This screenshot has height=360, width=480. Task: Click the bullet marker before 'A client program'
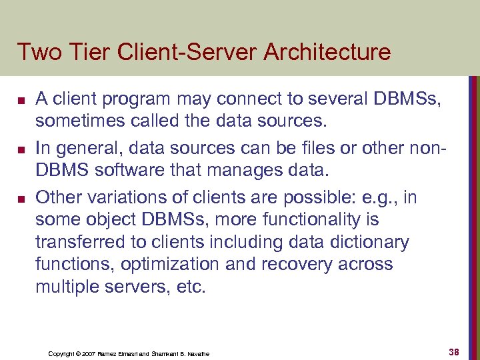pyautogui.click(x=21, y=101)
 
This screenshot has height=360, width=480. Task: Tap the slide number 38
pyautogui.click(x=455, y=351)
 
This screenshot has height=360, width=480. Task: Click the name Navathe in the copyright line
pyautogui.click(x=195, y=353)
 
